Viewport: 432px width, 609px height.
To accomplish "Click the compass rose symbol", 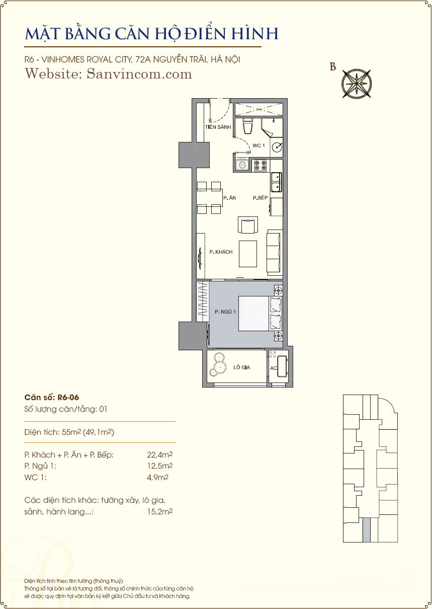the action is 357,84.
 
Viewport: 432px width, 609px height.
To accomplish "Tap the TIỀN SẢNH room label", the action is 218,127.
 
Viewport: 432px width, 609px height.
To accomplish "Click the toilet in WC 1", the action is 247,126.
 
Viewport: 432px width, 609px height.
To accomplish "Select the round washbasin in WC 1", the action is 277,147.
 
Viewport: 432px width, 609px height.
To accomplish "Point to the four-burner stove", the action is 260,166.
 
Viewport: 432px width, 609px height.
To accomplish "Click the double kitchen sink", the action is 276,182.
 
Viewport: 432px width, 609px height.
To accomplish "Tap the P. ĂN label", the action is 229,198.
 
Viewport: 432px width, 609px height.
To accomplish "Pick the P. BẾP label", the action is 260,198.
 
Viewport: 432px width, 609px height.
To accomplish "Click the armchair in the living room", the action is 248,225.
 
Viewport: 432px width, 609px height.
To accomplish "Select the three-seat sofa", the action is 274,252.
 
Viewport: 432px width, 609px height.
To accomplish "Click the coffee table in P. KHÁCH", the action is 248,254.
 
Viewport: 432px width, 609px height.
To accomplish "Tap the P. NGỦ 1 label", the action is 225,312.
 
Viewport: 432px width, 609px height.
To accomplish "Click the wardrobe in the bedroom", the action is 203,302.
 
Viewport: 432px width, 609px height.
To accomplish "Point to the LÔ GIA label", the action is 241,367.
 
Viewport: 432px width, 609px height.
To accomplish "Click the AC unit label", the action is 273,368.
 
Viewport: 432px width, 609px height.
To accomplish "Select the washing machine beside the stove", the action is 241,165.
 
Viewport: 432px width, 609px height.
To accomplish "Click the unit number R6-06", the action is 68,398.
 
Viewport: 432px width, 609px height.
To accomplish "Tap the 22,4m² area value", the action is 160,454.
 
